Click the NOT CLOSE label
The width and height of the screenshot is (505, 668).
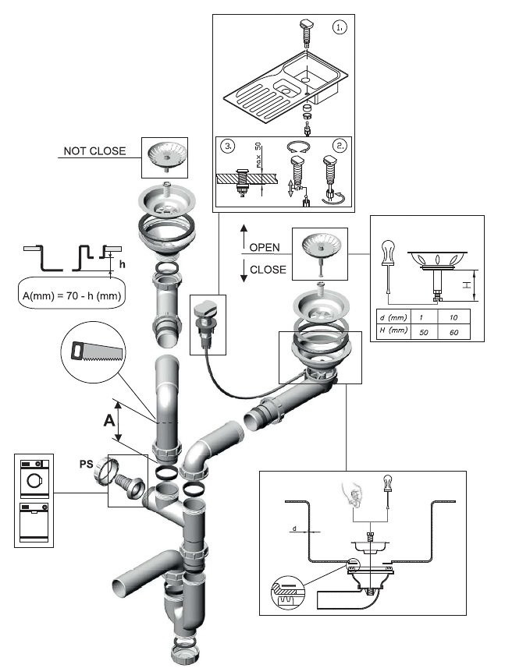(x=95, y=150)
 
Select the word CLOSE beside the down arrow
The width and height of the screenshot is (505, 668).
(x=268, y=270)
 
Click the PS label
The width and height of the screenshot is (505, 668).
(x=87, y=464)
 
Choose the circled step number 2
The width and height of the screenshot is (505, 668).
(x=340, y=146)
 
